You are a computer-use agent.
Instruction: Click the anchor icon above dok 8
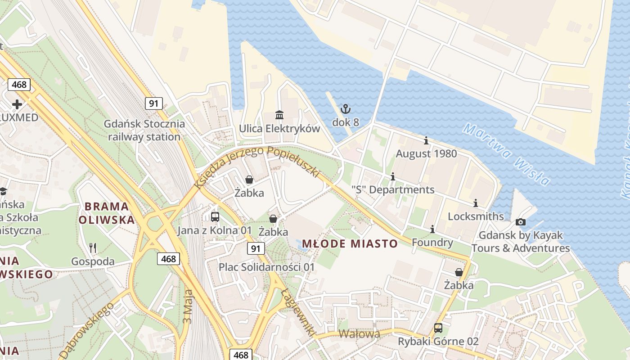tap(345, 108)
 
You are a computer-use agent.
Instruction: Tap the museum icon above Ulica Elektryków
tap(279, 115)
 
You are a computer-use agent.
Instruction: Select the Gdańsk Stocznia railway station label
tap(144, 130)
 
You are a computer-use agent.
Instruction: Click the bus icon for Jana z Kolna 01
tap(215, 217)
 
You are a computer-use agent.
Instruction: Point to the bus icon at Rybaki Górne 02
tap(438, 328)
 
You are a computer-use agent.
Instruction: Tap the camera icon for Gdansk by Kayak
tap(521, 222)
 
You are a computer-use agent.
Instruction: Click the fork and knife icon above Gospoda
tap(93, 248)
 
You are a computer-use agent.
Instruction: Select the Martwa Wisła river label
tap(507, 154)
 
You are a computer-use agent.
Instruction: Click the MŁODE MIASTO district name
tap(350, 244)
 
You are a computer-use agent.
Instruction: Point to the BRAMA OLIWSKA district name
tap(107, 213)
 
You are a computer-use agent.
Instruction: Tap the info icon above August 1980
tap(426, 141)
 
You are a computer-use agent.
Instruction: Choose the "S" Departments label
tap(393, 190)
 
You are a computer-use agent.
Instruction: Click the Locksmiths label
tap(476, 216)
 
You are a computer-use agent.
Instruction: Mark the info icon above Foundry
tap(432, 229)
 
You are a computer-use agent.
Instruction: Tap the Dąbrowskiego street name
tap(86, 330)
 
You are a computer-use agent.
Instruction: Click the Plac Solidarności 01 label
tap(266, 267)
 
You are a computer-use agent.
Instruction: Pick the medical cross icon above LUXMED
tap(17, 104)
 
